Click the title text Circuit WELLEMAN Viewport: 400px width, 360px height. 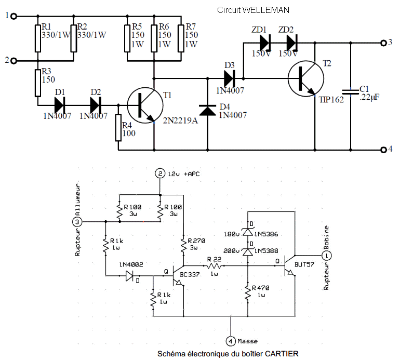(253, 10)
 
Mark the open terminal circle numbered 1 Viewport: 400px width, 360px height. (14, 16)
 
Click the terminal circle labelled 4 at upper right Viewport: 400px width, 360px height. (384, 150)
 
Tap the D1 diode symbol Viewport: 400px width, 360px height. (59, 105)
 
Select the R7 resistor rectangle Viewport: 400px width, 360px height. (180, 37)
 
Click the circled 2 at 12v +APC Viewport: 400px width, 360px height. (161, 174)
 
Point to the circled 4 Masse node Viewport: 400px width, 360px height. (231, 341)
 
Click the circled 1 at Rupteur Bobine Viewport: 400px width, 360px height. (326, 256)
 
